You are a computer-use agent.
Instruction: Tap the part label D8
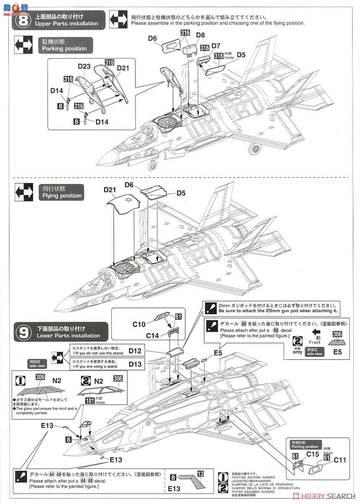point(200,35)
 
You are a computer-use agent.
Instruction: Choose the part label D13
point(135,364)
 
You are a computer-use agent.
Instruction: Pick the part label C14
point(153,336)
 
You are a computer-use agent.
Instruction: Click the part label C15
point(313,454)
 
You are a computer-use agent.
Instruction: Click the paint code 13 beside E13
point(201,474)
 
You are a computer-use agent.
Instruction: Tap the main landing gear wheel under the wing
point(256,149)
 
